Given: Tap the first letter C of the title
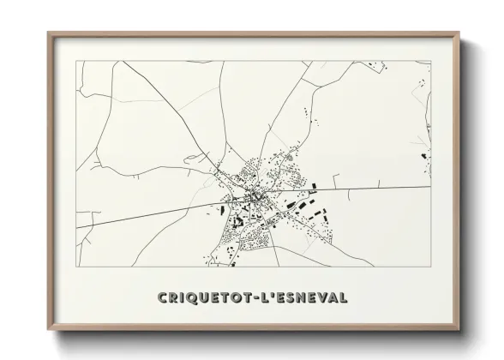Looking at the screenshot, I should tap(164, 297).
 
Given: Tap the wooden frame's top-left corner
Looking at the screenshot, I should tap(48, 33).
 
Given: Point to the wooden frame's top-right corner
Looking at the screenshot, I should tap(459, 33).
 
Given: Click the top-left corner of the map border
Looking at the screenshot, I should tap(76, 61).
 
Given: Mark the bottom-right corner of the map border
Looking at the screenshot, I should tap(431, 267).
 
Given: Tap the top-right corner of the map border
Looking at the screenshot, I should tap(431, 61).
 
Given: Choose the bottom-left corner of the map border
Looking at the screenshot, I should tap(76, 267).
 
